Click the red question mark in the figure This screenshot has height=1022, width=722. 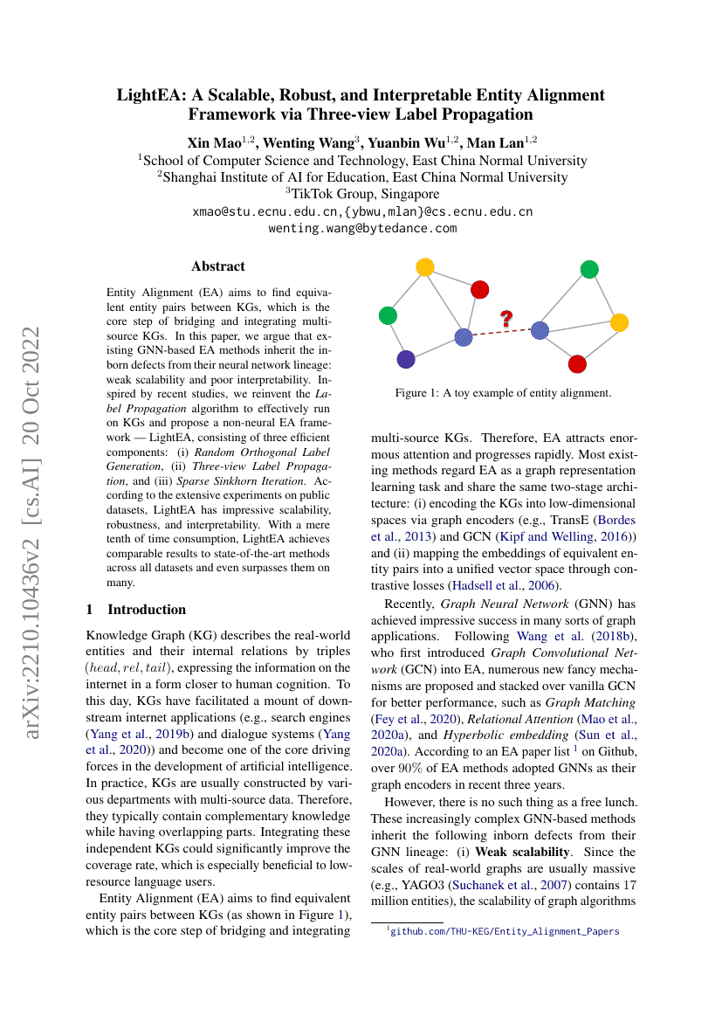(x=506, y=319)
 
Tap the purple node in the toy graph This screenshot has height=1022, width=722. (x=406, y=359)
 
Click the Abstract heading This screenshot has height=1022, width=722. (x=218, y=266)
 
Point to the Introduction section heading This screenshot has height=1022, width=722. (x=147, y=609)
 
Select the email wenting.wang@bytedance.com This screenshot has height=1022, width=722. (x=362, y=228)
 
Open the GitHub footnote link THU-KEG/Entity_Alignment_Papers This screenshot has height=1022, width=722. (x=504, y=932)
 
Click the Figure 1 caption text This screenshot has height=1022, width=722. (x=503, y=393)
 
